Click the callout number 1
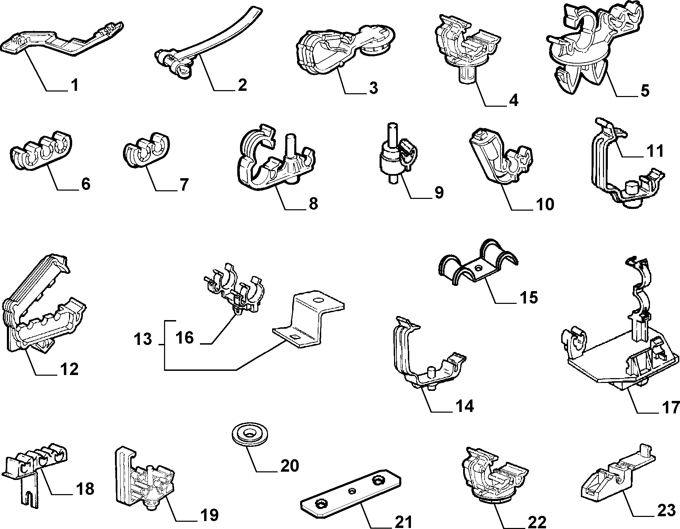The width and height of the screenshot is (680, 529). pos(75,85)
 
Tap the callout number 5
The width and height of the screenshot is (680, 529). pos(644,90)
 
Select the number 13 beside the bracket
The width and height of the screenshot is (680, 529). pos(143,339)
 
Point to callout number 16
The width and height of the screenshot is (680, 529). pos(184,337)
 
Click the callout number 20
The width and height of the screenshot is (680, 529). pos(289,466)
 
